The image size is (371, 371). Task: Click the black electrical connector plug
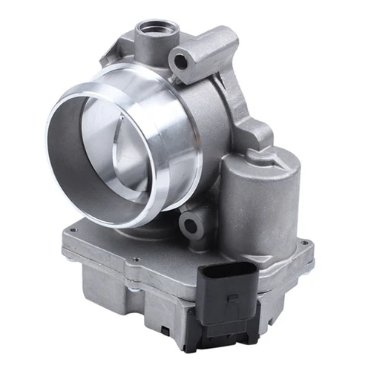[231, 293]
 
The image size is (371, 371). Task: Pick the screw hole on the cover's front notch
[138, 260]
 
